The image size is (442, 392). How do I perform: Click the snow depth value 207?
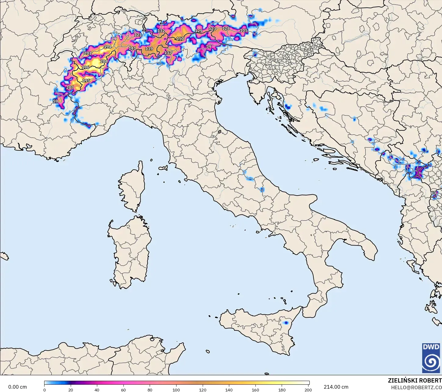(70, 87)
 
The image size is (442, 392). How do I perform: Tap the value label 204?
(104, 61)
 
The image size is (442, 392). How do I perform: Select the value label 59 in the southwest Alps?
(55, 101)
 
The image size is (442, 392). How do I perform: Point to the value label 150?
(180, 39)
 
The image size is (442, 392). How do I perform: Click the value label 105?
(244, 30)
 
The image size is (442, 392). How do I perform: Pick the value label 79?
(209, 47)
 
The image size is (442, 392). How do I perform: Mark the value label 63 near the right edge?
(433, 193)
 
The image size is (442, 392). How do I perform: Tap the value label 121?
(138, 35)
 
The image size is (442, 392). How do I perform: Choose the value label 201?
(88, 53)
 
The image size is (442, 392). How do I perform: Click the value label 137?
(168, 53)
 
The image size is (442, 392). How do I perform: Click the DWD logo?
(431, 358)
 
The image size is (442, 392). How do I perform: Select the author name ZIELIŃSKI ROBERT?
(415, 381)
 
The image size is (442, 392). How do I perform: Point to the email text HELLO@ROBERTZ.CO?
(416, 387)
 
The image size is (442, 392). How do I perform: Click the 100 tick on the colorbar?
(176, 390)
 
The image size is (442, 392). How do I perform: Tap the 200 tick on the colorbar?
(308, 390)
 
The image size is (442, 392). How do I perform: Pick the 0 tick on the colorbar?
(45, 390)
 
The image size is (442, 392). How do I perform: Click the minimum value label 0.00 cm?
(17, 387)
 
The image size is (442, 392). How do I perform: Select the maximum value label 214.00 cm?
(336, 387)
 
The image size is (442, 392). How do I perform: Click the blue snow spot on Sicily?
(286, 323)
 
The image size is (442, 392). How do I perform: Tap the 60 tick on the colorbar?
(123, 390)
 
